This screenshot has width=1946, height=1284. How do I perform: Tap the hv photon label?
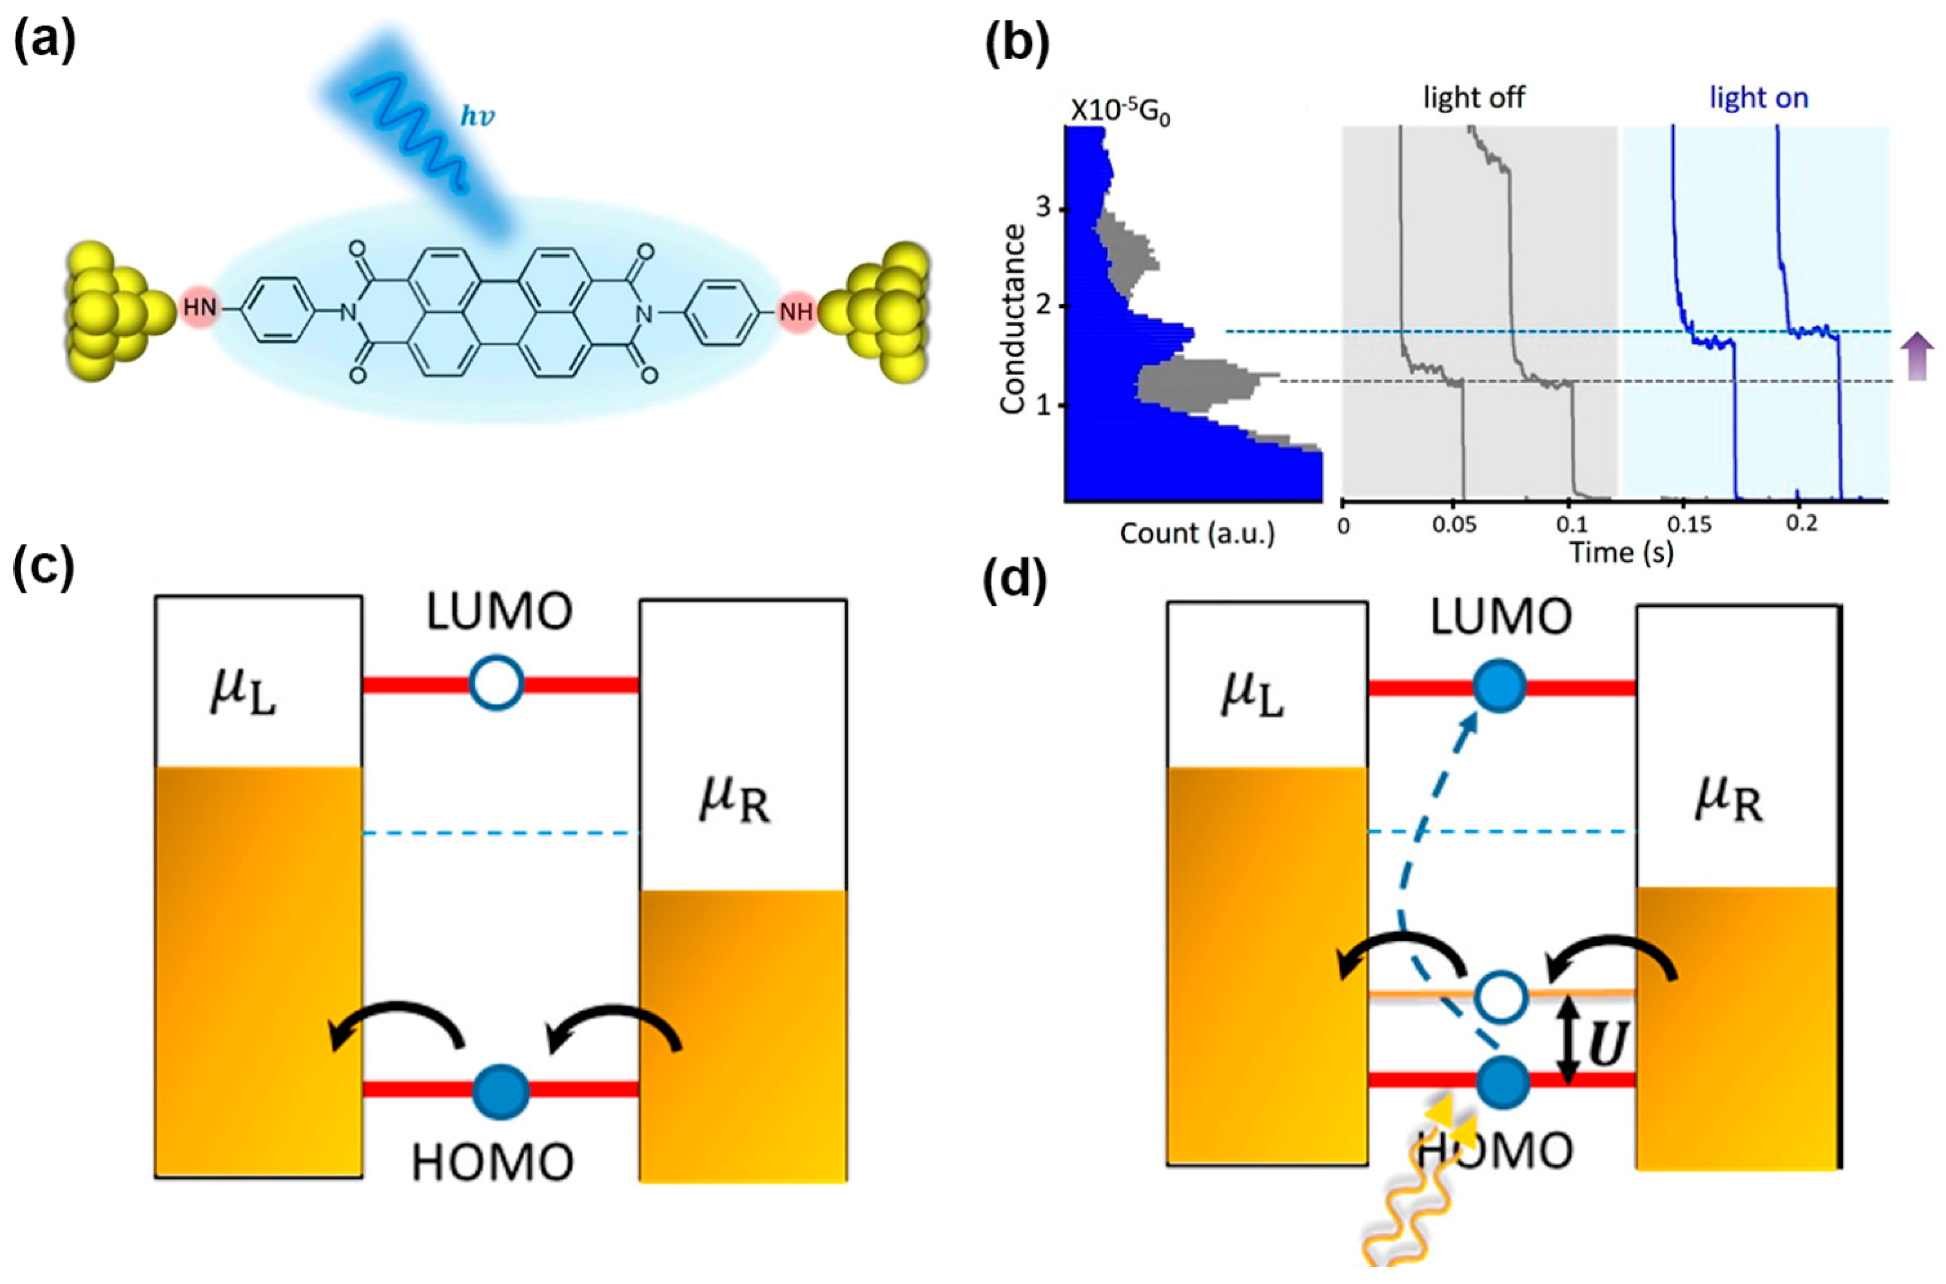[477, 117]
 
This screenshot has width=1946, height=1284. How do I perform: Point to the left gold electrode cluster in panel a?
[115, 311]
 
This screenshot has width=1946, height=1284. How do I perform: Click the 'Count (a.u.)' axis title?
[1197, 534]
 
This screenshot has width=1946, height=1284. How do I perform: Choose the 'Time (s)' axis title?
[1621, 553]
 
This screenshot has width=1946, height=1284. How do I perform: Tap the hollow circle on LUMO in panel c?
[497, 684]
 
